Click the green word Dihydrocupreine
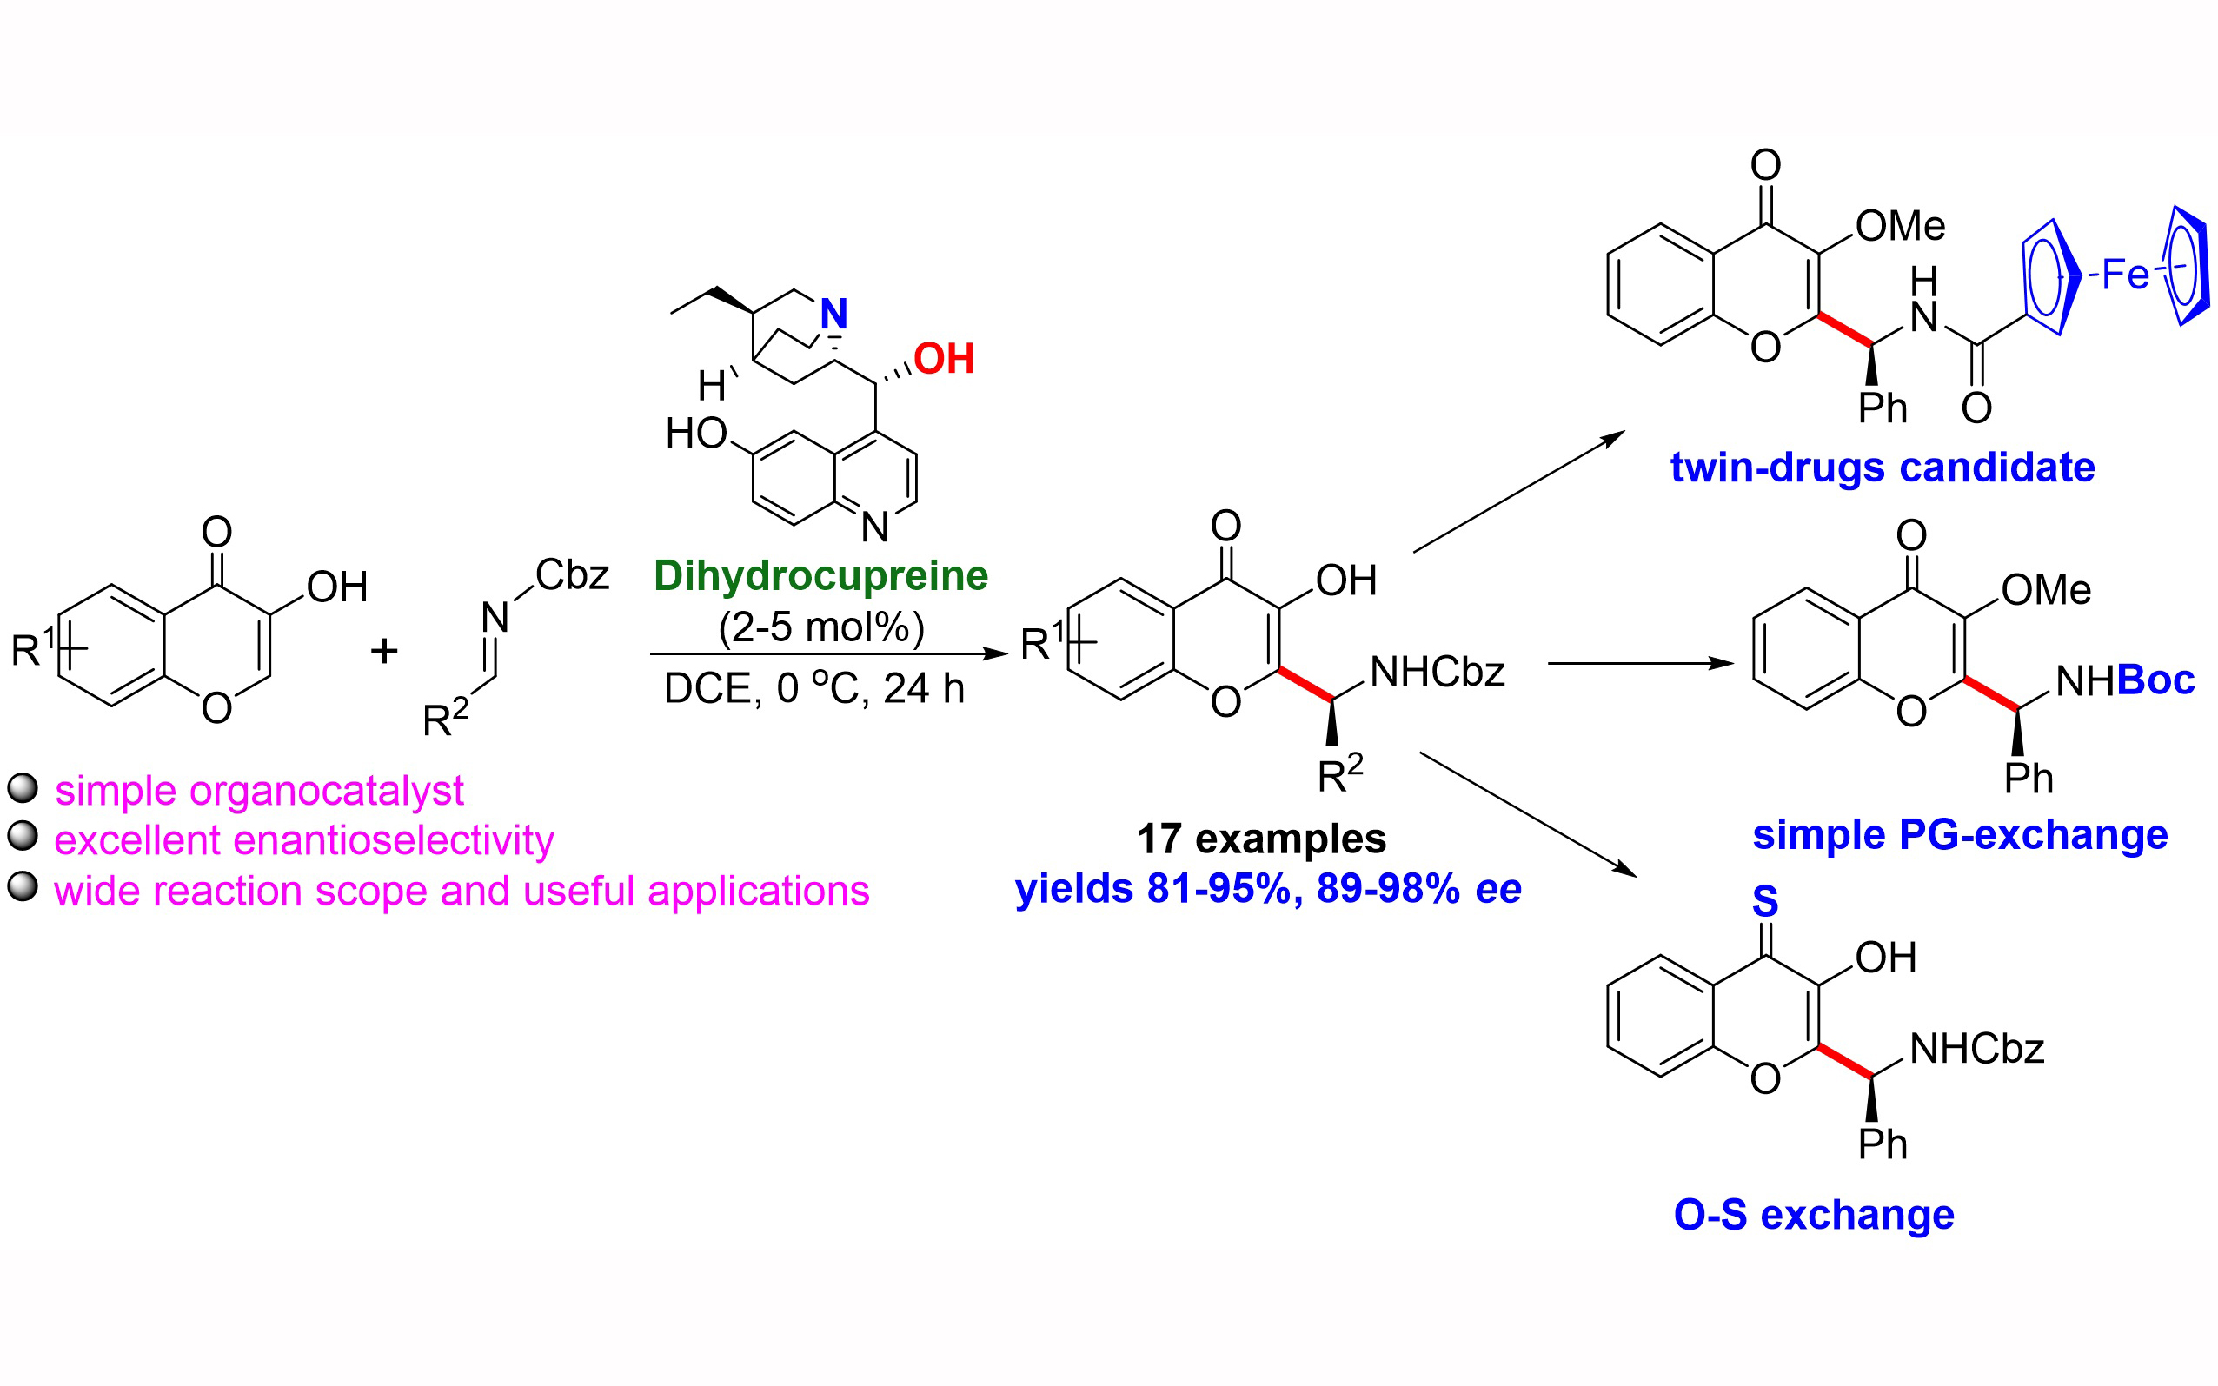(x=820, y=575)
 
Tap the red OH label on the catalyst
(x=943, y=358)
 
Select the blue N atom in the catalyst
(x=833, y=315)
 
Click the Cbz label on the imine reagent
(x=572, y=575)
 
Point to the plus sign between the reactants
(x=384, y=651)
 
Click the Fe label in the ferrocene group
(x=2124, y=274)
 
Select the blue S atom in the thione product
(x=1764, y=902)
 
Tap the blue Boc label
(x=2155, y=680)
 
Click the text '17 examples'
(x=1261, y=839)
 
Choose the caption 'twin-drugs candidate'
(x=1882, y=468)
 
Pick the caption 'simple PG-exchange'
(x=1960, y=835)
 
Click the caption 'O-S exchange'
(x=1814, y=1215)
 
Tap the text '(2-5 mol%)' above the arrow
(x=821, y=628)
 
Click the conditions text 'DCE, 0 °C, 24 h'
(x=813, y=688)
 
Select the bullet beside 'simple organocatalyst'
(x=22, y=788)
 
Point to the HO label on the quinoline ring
(x=695, y=434)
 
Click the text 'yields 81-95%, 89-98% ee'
(x=1267, y=889)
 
